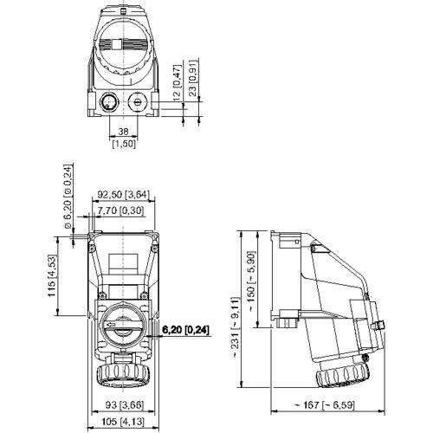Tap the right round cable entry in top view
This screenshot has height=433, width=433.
[139, 103]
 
